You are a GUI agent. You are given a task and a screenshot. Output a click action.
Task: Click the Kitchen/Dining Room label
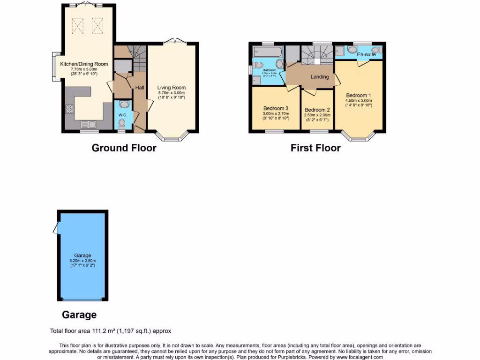pos(84,64)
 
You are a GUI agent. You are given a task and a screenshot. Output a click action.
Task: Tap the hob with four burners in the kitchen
pos(70,109)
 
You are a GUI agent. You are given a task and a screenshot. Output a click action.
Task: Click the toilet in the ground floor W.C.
pos(122,123)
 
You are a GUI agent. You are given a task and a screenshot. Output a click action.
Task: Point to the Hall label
pos(140,88)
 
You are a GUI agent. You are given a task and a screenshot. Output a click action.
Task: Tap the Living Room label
pos(171,88)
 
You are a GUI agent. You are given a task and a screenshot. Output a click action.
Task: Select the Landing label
pos(320,77)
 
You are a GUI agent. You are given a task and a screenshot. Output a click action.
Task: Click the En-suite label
pos(367,55)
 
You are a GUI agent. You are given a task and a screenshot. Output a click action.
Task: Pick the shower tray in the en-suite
pos(340,51)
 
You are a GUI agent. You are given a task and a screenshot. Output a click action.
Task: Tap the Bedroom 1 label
pos(359,96)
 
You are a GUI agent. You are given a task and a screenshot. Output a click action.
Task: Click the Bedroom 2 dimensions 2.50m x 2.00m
pos(317,115)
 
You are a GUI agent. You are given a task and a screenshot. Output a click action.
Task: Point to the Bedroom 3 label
pos(276,108)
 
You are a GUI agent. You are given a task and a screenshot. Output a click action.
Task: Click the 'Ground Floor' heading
pos(124,148)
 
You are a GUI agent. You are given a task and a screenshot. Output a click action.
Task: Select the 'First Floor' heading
pos(315,148)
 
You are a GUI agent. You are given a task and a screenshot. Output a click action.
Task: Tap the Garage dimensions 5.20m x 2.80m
pos(82,261)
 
